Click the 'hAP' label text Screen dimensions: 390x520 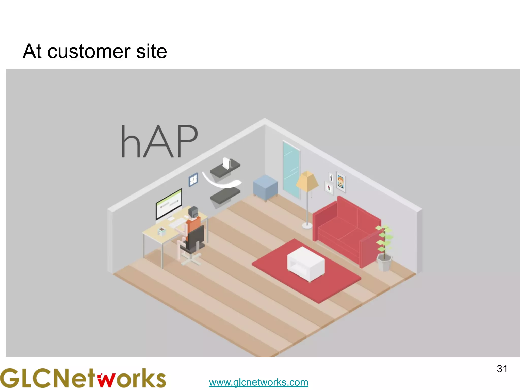coord(159,141)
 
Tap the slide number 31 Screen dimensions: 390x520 coord(502,369)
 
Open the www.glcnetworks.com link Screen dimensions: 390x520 coord(258,382)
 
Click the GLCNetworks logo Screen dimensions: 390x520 coord(83,378)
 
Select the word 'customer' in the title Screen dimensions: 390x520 coord(89,52)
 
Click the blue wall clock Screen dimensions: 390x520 coord(193,180)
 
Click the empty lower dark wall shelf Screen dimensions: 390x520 coord(225,196)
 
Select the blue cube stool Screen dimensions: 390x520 coord(265,187)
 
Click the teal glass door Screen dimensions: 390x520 coord(291,169)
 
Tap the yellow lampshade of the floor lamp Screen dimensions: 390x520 coord(307,181)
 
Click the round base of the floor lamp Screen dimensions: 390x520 coord(307,225)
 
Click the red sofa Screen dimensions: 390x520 coord(347,229)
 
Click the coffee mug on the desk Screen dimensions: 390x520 coord(161,231)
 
